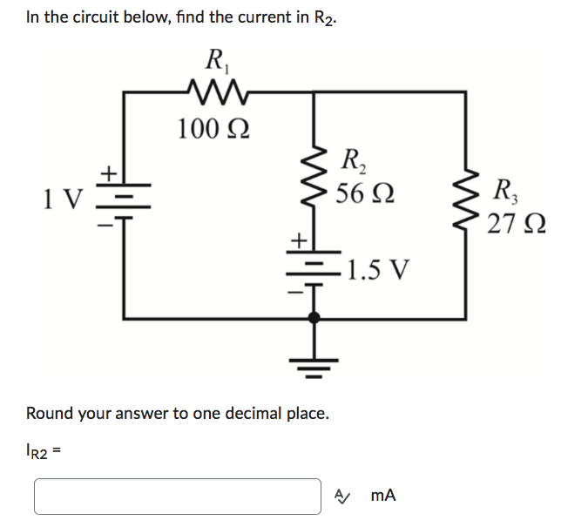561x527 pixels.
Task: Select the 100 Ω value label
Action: click(213, 129)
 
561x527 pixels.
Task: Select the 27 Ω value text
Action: click(514, 223)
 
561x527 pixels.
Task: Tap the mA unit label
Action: click(382, 496)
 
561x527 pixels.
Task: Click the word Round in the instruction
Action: click(50, 413)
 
